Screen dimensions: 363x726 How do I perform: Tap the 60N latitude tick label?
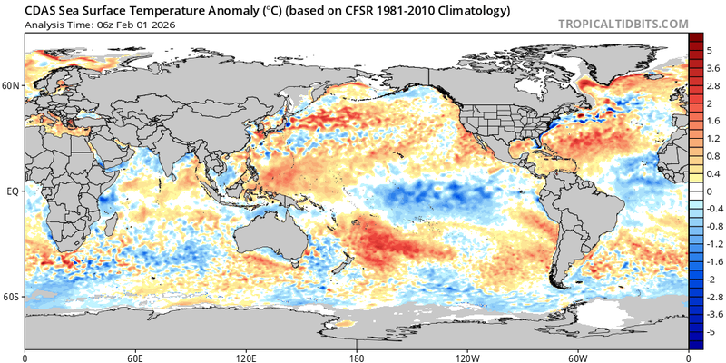pos(12,86)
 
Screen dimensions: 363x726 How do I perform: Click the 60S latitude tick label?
pos(12,297)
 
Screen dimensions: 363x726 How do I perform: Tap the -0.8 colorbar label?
pos(712,227)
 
